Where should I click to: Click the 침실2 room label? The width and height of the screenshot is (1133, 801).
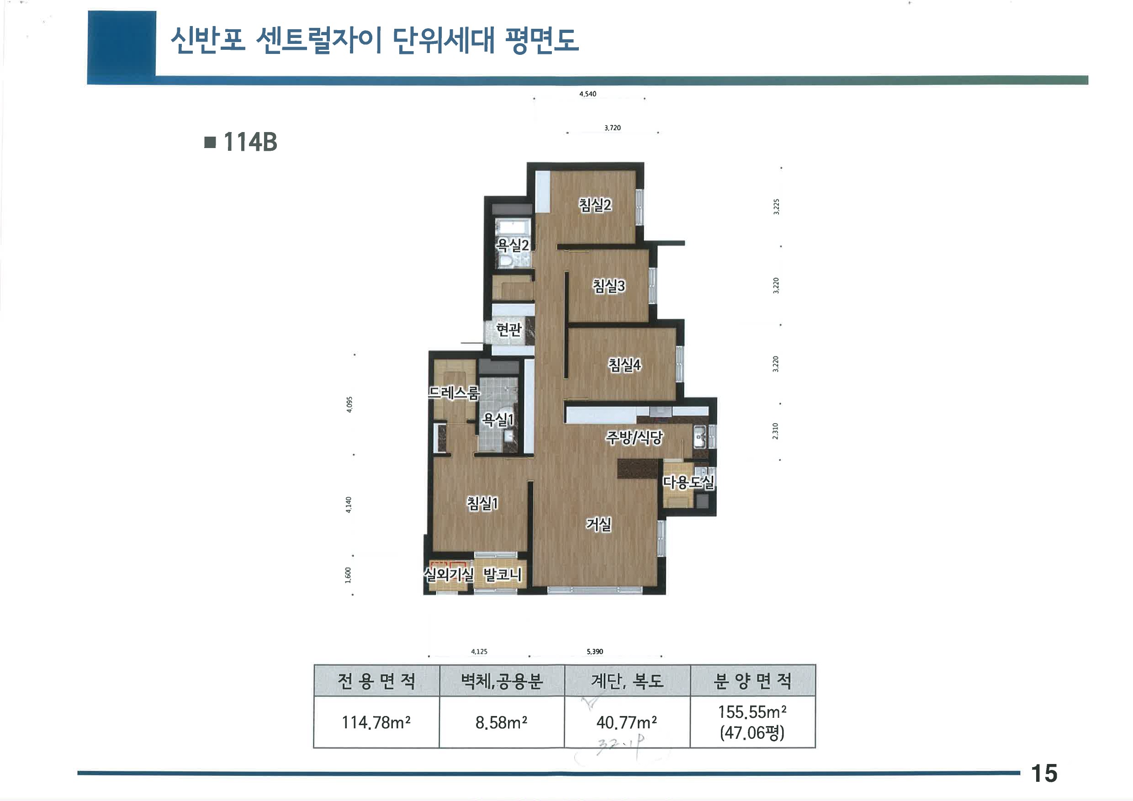click(x=595, y=205)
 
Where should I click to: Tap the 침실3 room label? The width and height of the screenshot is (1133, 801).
click(x=609, y=286)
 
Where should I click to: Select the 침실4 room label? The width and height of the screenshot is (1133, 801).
click(x=624, y=365)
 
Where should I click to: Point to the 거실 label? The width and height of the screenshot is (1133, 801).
click(x=598, y=524)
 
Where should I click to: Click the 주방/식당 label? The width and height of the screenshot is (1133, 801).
click(x=634, y=437)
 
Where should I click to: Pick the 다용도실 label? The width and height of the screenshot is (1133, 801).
click(x=688, y=482)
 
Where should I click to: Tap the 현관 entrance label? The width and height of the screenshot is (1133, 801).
click(x=509, y=329)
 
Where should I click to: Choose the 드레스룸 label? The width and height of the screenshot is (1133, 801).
click(x=454, y=393)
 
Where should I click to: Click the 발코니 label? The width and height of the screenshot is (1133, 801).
click(x=502, y=574)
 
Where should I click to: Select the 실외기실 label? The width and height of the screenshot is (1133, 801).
click(x=449, y=574)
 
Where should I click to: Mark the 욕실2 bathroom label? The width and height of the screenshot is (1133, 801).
click(x=512, y=245)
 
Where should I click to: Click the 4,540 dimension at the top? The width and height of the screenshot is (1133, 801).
click(x=587, y=94)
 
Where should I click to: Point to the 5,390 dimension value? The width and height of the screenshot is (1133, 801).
click(x=595, y=652)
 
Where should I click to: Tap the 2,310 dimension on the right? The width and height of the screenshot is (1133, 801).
click(x=775, y=431)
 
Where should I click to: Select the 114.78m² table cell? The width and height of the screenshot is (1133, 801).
click(x=376, y=722)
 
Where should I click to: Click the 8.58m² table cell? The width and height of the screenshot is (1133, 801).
click(x=501, y=722)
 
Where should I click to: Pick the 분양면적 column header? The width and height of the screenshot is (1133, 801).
click(x=752, y=681)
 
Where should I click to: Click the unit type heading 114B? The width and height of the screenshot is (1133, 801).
click(x=250, y=142)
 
